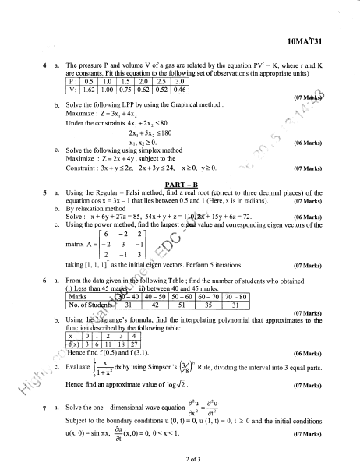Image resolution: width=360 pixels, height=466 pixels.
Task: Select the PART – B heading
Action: point(180,185)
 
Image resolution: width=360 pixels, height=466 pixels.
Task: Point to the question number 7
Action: point(46,408)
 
